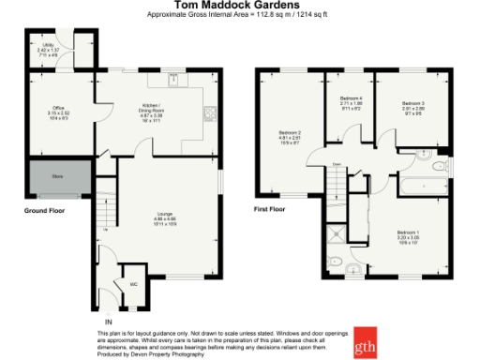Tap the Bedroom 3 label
click(413, 103)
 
